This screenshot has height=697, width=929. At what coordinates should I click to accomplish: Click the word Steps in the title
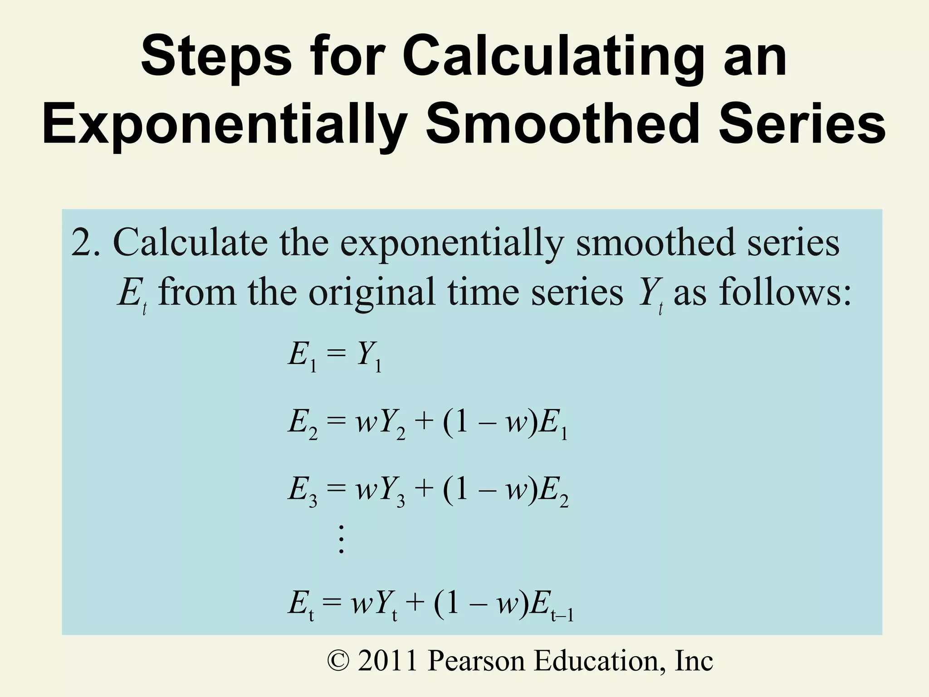click(x=216, y=59)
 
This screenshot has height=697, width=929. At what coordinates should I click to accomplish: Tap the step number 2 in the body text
click(x=82, y=243)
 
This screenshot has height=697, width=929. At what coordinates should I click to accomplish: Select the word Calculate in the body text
click(x=191, y=243)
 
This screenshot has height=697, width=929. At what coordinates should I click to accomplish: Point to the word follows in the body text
click(x=778, y=292)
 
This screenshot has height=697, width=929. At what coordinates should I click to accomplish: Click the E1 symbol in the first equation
click(x=302, y=357)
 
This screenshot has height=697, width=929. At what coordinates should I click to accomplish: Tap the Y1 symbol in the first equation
click(x=369, y=357)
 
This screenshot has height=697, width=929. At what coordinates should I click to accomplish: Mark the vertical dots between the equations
click(x=342, y=539)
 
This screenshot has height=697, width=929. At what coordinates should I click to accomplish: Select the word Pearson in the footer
click(x=476, y=661)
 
